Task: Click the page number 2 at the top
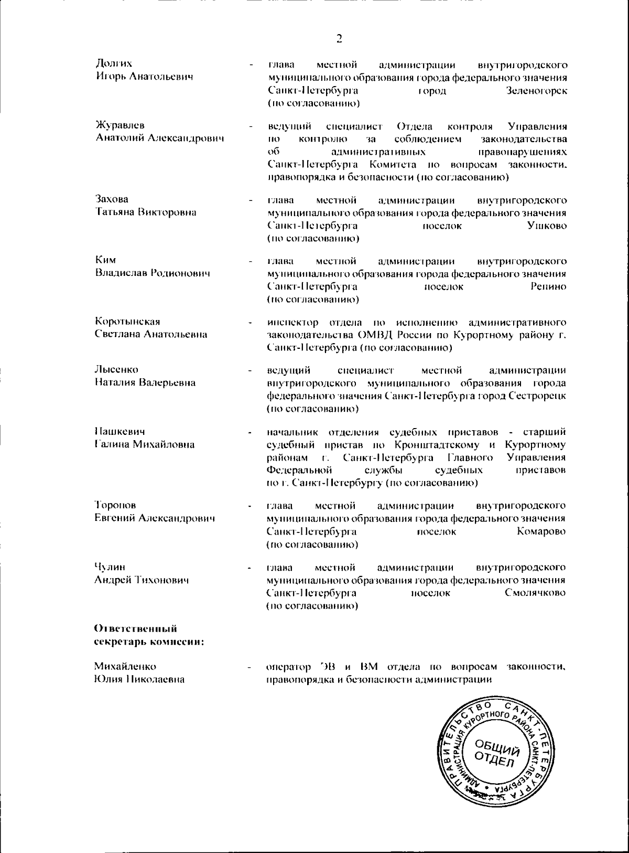click(x=339, y=38)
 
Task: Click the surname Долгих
click(x=114, y=64)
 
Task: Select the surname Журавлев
click(x=120, y=125)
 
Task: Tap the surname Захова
click(x=112, y=199)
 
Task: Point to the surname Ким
click(x=105, y=260)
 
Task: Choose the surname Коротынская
click(x=127, y=321)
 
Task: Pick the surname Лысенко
click(x=116, y=369)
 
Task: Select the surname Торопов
click(x=115, y=505)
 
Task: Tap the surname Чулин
click(x=110, y=567)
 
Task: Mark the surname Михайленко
click(x=125, y=666)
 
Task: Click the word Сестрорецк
click(x=537, y=396)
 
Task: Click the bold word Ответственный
click(x=136, y=628)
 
